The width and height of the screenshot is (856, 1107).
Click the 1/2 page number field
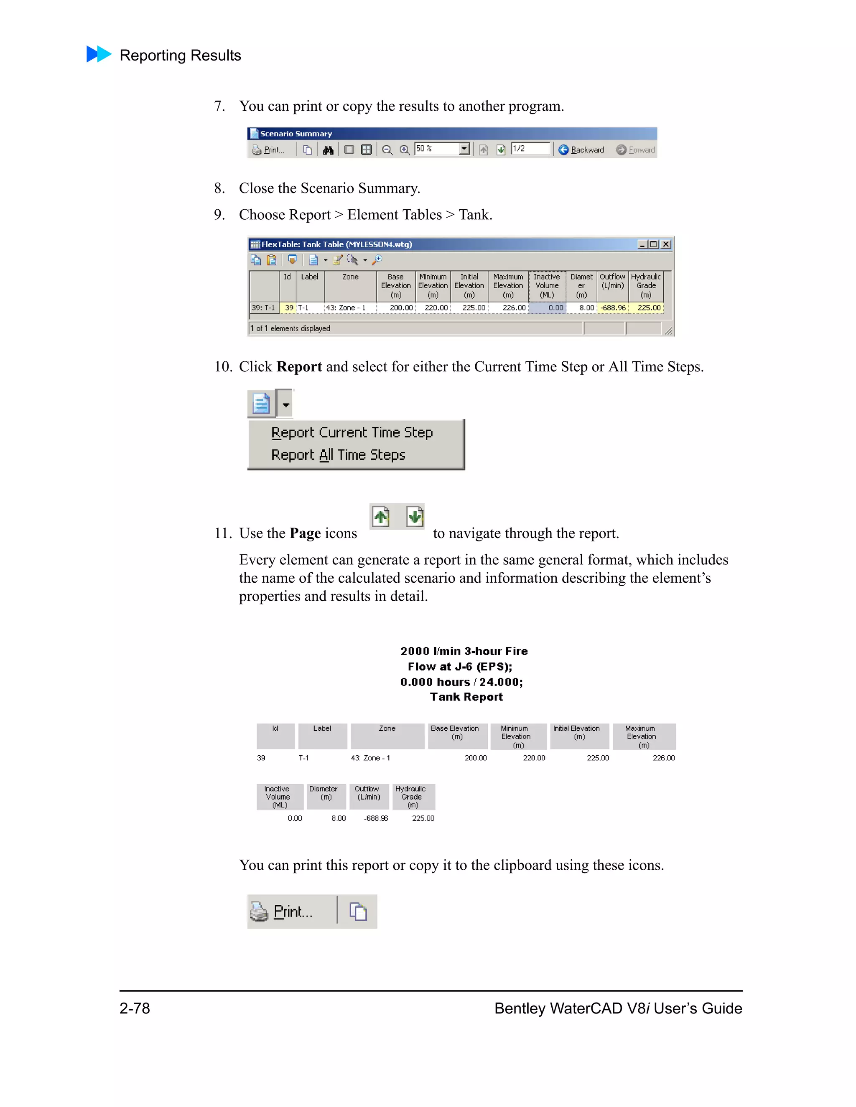click(x=530, y=149)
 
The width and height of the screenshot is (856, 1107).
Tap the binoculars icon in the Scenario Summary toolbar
click(x=328, y=150)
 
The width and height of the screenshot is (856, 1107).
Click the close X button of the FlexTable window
click(x=666, y=244)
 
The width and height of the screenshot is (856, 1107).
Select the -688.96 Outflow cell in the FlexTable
click(x=613, y=308)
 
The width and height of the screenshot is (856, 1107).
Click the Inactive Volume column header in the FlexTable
click(x=547, y=285)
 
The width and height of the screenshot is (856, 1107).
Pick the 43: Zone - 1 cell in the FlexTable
click(x=350, y=308)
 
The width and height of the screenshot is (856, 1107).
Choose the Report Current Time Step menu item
click(x=352, y=432)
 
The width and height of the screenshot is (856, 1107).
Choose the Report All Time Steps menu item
click(x=338, y=454)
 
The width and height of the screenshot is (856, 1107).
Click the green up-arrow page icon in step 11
click(x=381, y=517)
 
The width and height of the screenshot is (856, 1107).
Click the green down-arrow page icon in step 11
click(x=415, y=517)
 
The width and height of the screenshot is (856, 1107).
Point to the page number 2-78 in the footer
click(x=135, y=1008)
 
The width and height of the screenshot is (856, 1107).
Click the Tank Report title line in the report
click(x=466, y=697)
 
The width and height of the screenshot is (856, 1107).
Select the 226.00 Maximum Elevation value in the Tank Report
click(x=663, y=758)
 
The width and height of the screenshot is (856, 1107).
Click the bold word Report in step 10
click(x=299, y=366)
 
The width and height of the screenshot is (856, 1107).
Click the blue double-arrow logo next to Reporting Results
click(x=99, y=54)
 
